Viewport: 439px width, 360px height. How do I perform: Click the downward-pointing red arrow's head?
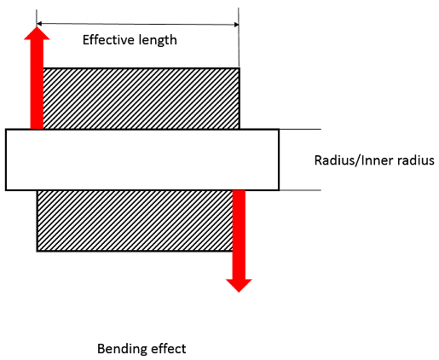tap(239, 282)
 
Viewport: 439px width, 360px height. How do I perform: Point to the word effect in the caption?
tap(168, 348)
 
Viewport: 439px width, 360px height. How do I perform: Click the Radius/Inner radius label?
tap(374, 160)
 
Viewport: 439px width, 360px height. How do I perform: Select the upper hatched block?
tap(141, 98)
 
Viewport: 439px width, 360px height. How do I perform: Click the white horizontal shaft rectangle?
tap(142, 160)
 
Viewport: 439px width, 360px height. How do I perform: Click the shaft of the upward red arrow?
tap(36, 85)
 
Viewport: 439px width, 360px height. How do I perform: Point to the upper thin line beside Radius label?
tap(300, 130)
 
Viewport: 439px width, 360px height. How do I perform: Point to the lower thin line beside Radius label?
tap(300, 189)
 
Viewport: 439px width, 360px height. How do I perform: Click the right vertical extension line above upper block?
tap(240, 38)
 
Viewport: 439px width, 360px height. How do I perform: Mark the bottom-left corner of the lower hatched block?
tap(38, 250)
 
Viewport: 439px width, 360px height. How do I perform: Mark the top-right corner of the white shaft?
tap(278, 130)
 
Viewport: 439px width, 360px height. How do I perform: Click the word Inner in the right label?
tap(374, 160)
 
